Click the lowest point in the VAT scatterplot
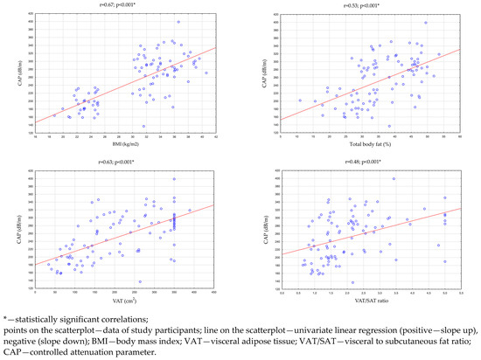pos(140,281)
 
